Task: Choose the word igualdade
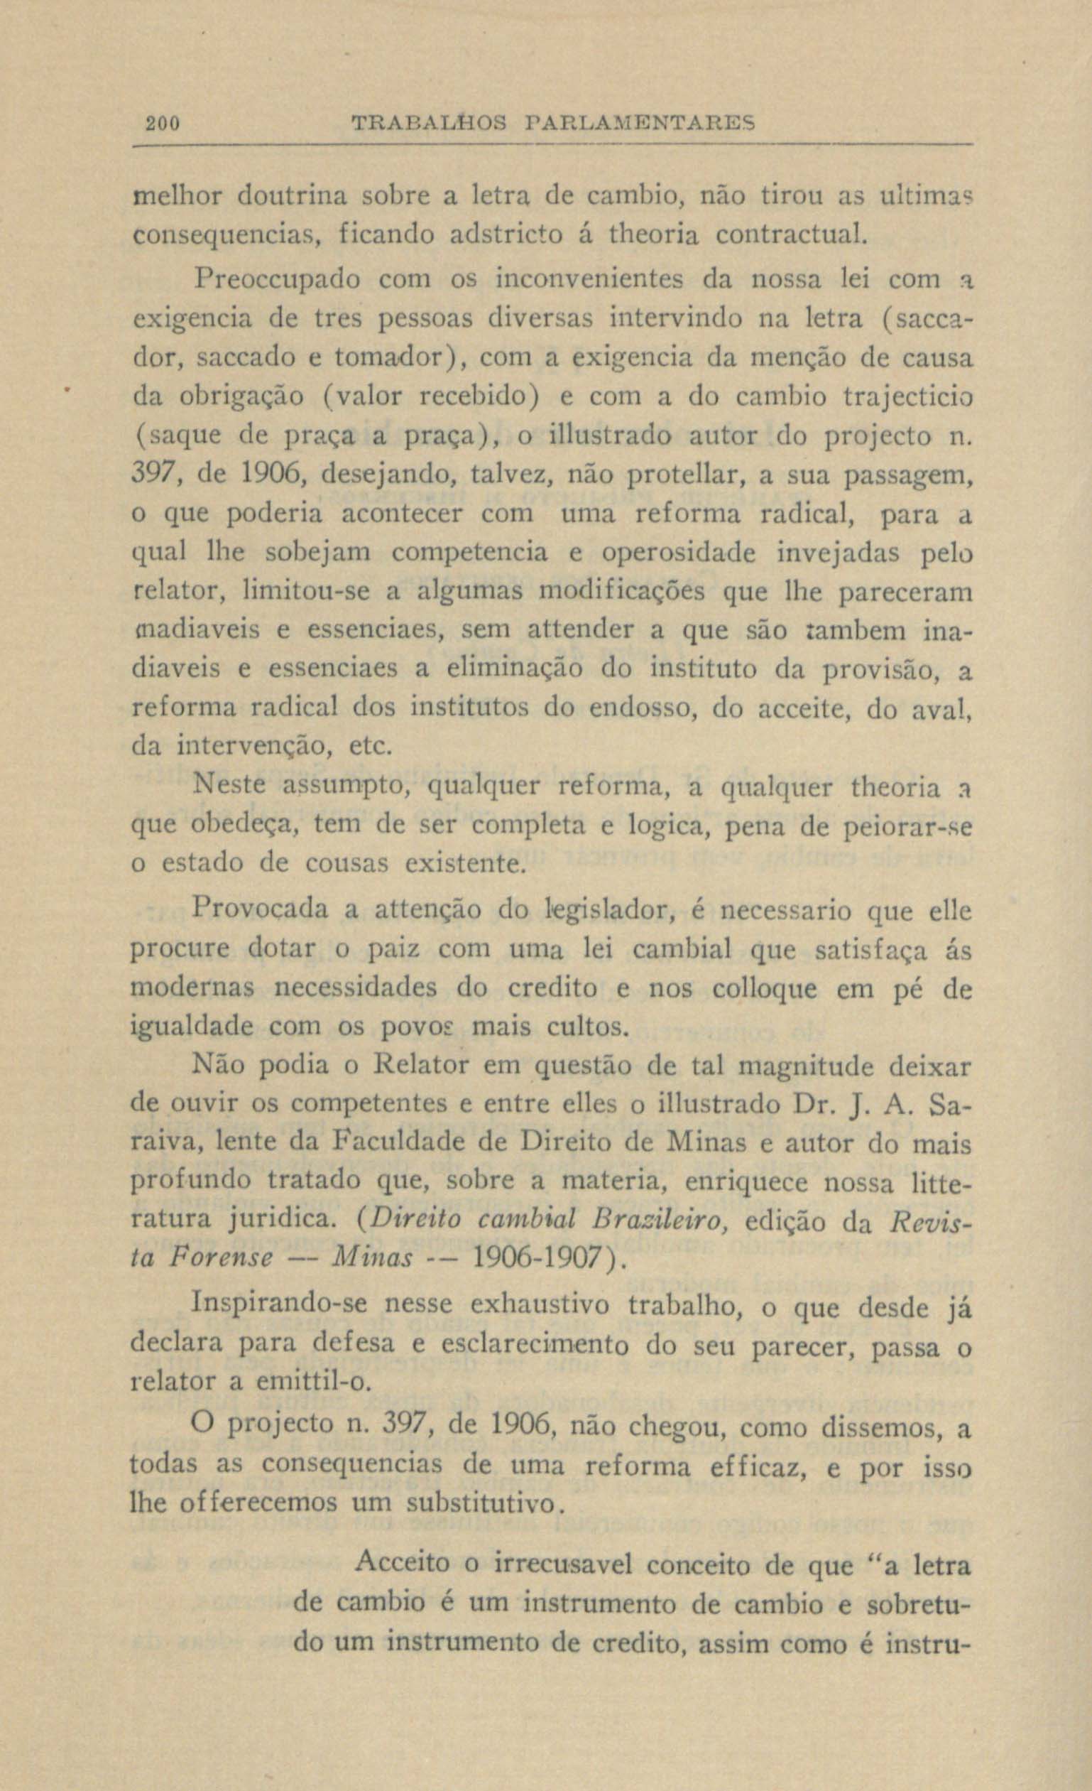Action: (x=191, y=1027)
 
